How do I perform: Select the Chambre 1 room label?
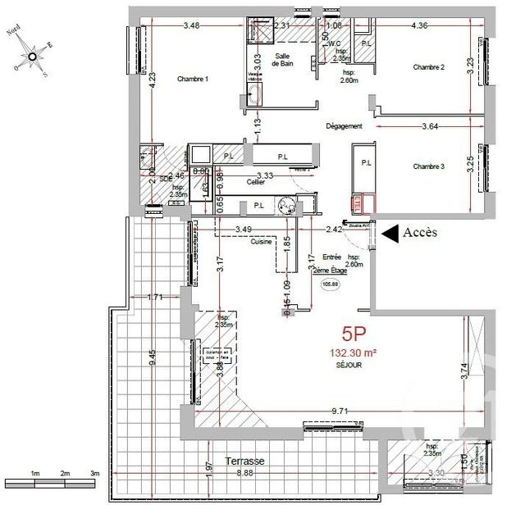click(x=194, y=79)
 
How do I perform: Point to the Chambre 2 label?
click(x=428, y=67)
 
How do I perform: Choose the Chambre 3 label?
click(x=428, y=166)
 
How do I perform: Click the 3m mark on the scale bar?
click(x=94, y=474)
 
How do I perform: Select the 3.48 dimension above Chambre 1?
click(x=191, y=25)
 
